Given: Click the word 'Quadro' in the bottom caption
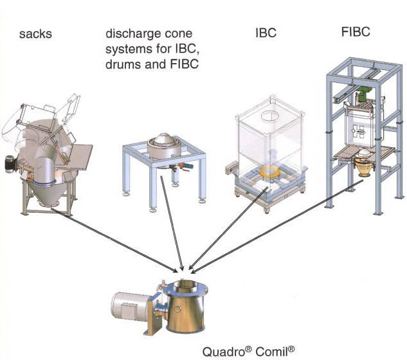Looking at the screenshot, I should [224, 352].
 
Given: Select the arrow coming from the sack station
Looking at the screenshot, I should [116, 239].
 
